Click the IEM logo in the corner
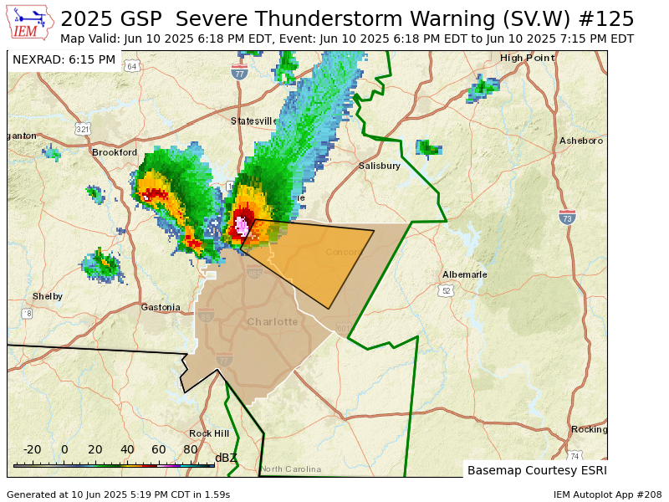tap(32, 23)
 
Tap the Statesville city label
tap(254, 121)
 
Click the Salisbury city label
tap(380, 166)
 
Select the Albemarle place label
tap(464, 274)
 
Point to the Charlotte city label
tap(273, 321)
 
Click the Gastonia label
tap(161, 307)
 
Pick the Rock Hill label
tap(209, 433)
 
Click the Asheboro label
tap(581, 141)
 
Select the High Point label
tap(527, 58)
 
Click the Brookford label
tap(115, 152)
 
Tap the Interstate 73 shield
tap(567, 218)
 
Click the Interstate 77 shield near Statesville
tap(240, 72)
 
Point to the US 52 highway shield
tap(445, 290)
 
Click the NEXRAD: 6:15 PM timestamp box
tap(64, 59)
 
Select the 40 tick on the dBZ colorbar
tap(127, 449)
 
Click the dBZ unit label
tap(226, 458)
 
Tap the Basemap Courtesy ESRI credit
tap(535, 470)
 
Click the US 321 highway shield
tap(82, 129)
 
